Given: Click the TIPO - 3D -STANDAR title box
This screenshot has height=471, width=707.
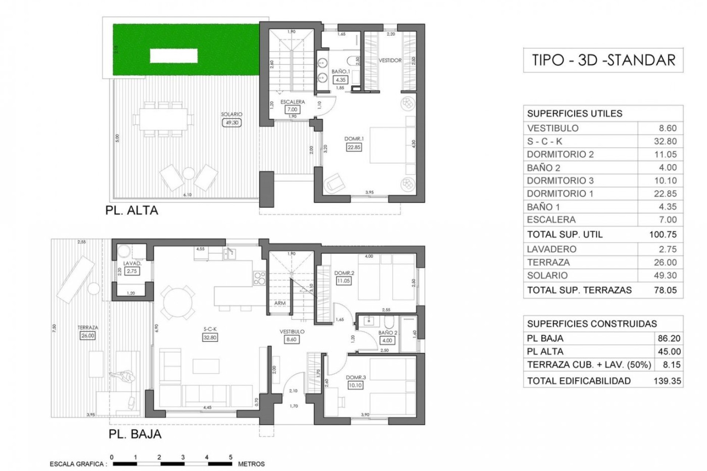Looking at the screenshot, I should tap(603, 60).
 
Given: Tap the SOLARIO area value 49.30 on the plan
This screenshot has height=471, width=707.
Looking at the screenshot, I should tap(232, 123).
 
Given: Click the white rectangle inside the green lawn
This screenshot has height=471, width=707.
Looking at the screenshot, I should tap(173, 56).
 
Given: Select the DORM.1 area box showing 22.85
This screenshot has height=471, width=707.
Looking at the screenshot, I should tap(354, 147).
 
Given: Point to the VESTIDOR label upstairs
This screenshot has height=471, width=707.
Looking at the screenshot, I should tap(390, 60).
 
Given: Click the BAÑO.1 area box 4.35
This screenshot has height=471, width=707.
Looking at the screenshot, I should tap(340, 79).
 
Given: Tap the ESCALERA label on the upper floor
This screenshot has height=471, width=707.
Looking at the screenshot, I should tap(292, 102).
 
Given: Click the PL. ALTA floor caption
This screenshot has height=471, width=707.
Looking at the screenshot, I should tap(131, 210).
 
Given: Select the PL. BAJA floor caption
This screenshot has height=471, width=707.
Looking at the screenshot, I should tap(135, 434).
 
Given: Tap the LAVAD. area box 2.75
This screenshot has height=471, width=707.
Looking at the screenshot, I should tap(131, 271).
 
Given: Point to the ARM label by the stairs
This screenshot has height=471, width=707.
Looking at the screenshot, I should tap(279, 303).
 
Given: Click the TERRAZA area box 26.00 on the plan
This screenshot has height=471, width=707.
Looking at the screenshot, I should tap(88, 336).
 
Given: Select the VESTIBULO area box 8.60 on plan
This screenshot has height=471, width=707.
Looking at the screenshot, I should tap(291, 340).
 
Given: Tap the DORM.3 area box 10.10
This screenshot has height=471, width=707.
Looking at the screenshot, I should tap(355, 385).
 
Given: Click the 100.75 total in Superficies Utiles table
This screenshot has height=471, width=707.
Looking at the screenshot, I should tap(663, 234).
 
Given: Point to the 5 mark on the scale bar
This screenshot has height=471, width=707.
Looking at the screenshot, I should tap(231, 457).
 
